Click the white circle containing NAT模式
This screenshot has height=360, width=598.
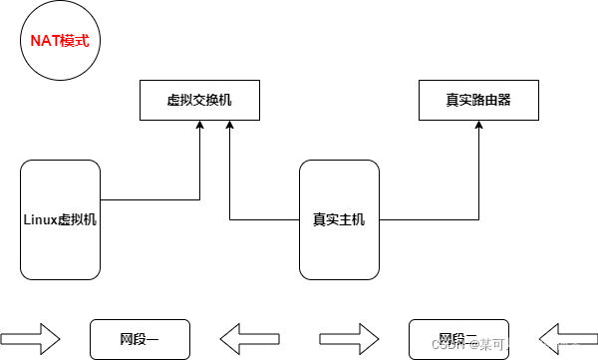click(60, 42)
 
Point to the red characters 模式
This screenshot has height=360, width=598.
click(75, 42)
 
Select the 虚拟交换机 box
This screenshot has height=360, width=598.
click(199, 101)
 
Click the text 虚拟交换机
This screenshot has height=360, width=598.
click(199, 101)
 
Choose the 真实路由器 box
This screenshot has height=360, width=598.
click(478, 101)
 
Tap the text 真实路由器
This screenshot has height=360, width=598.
click(478, 101)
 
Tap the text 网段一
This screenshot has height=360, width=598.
click(140, 340)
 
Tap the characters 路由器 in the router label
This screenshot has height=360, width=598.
click(491, 101)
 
